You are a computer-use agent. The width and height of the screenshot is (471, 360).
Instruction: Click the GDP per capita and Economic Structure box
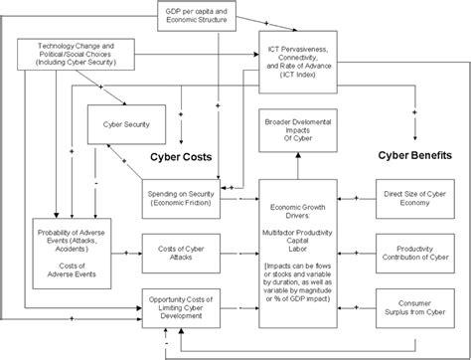pos(197,15)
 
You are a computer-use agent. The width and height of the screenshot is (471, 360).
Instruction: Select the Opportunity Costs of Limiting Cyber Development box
pos(181,305)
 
